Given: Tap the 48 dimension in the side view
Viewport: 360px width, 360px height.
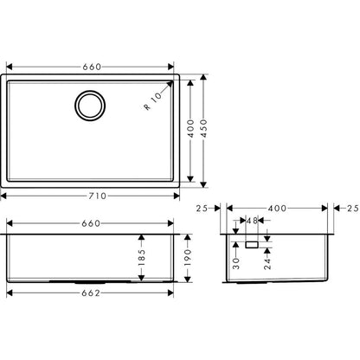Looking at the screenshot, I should point(252,222).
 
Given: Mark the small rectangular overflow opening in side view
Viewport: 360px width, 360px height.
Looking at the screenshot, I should point(252,246).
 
